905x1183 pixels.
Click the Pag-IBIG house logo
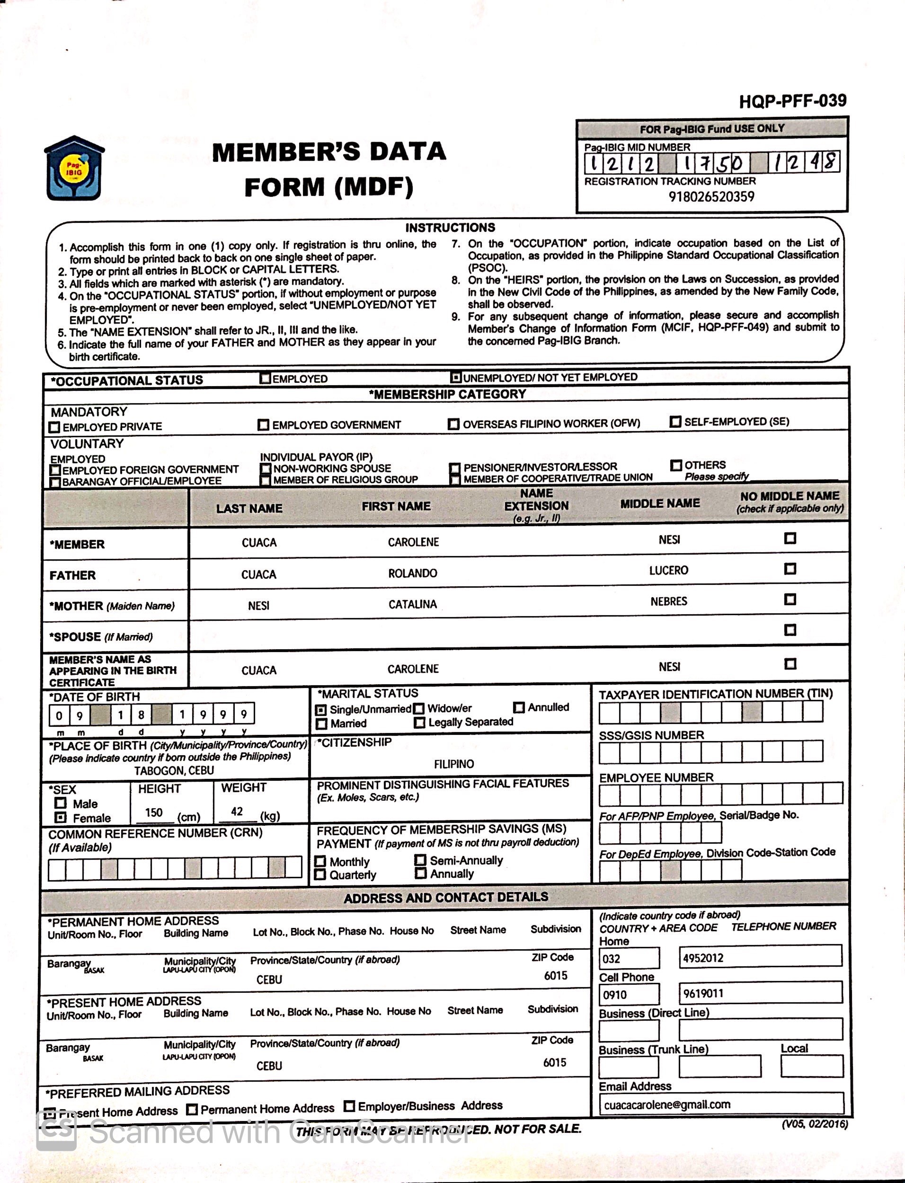coord(74,168)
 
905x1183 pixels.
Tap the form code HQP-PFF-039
coord(792,101)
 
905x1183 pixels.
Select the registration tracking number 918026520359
coord(711,196)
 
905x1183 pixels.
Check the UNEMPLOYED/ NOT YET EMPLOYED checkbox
coord(456,378)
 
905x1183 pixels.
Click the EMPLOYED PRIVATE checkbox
coord(54,427)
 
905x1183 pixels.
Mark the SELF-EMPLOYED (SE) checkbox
coord(675,422)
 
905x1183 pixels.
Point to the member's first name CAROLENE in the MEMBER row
coord(413,542)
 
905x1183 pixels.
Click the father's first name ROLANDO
coord(413,574)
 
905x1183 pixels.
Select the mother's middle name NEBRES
coord(668,601)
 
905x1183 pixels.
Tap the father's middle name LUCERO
coord(668,571)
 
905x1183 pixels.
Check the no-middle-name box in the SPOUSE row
coord(790,630)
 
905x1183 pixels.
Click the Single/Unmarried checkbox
coord(321,710)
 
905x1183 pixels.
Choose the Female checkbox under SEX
coord(61,817)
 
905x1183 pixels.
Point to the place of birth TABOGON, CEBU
coord(174,770)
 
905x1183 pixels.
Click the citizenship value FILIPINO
coord(454,764)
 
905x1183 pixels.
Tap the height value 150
coord(154,812)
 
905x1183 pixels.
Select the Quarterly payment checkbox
coord(320,874)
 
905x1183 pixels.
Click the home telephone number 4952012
coord(703,958)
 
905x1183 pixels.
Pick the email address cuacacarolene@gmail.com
coord(667,1105)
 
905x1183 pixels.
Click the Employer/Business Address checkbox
coord(349,1106)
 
